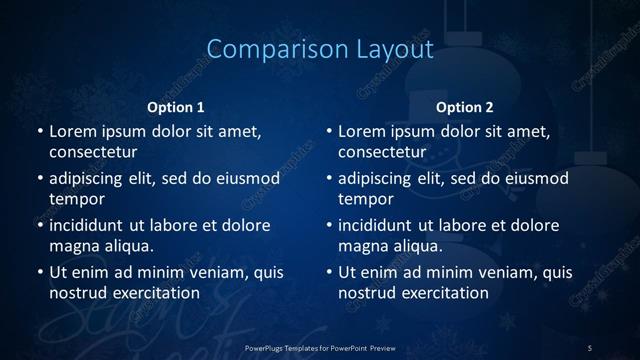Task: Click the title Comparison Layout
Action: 319,49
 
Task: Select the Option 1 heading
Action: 176,107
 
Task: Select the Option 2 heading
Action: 465,107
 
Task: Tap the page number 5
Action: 590,347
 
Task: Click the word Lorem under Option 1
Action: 73,131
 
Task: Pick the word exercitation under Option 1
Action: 155,293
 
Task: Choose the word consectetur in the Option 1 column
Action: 93,152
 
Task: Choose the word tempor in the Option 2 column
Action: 365,200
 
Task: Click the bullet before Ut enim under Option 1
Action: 38,272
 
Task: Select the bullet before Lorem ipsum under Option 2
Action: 328,131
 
